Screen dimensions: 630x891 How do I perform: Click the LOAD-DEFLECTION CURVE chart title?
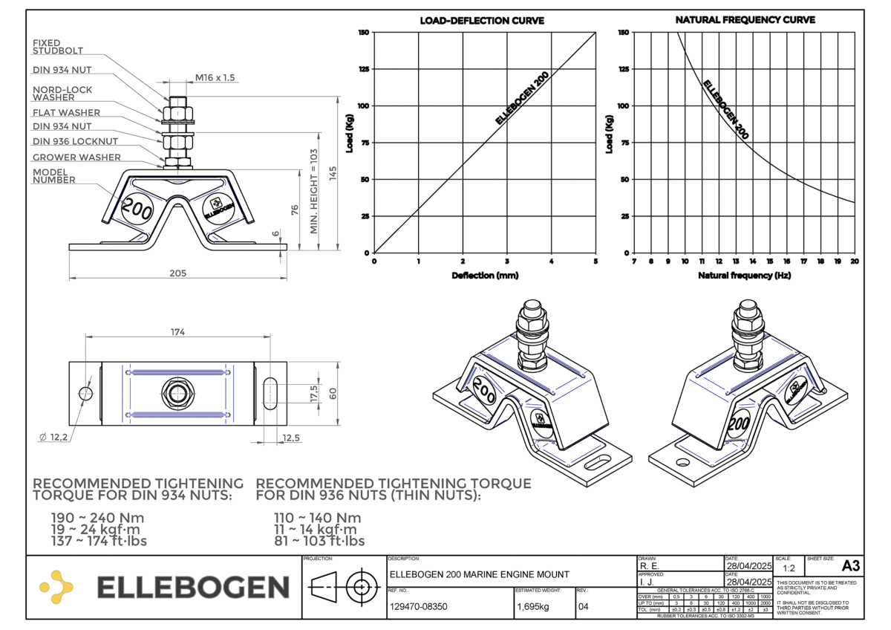pos(482,21)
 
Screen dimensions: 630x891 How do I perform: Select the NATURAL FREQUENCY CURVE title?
pos(745,20)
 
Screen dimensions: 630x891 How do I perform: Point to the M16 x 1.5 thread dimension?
pos(214,77)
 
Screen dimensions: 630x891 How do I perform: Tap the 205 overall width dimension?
pos(177,273)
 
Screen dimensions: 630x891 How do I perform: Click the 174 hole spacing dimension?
pos(177,331)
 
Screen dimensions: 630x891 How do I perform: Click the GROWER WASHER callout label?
pos(76,157)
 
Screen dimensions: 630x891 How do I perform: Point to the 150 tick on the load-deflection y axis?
pos(363,33)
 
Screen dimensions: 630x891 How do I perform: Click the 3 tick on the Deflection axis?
pos(507,262)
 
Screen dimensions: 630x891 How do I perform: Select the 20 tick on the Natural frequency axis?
pos(855,262)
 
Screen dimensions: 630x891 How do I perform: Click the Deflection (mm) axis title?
pos(484,276)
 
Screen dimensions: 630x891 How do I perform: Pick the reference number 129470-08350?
pos(418,606)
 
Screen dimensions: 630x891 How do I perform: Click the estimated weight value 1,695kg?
pos(532,606)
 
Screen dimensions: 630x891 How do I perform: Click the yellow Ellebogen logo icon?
pos(56,587)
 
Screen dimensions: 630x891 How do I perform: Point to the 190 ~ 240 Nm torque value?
pos(97,518)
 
